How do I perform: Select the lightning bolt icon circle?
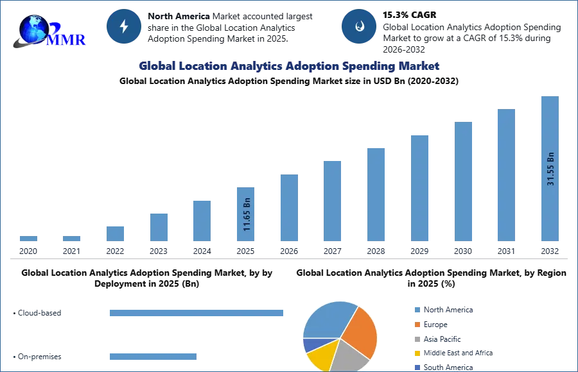(x=124, y=26)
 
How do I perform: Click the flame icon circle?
(x=359, y=26)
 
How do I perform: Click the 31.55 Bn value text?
(x=550, y=169)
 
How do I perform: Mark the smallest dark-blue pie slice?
(x=310, y=344)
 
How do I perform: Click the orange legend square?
(x=416, y=324)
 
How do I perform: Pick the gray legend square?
(x=416, y=339)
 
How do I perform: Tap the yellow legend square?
(x=416, y=353)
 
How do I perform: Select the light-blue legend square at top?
(x=416, y=309)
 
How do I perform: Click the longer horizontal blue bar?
(x=197, y=313)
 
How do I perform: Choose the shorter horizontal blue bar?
(x=153, y=356)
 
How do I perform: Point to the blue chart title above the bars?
(x=289, y=66)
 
